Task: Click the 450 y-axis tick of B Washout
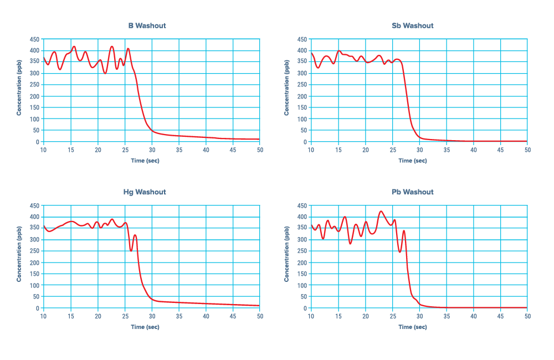(x=34, y=39)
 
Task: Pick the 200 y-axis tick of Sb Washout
(x=302, y=96)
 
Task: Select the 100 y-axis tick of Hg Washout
(x=34, y=285)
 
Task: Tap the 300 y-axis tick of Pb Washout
(x=302, y=240)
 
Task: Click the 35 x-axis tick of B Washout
(x=179, y=150)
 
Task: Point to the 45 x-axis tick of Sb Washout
(x=500, y=150)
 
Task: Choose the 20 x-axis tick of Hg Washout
(x=98, y=316)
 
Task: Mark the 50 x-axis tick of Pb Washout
(x=527, y=316)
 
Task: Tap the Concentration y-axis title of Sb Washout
(x=286, y=90)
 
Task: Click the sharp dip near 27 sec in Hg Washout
(x=131, y=251)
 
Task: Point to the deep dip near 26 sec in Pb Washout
(x=399, y=253)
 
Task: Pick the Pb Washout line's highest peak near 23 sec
(x=381, y=211)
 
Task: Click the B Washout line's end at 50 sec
(x=259, y=140)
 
